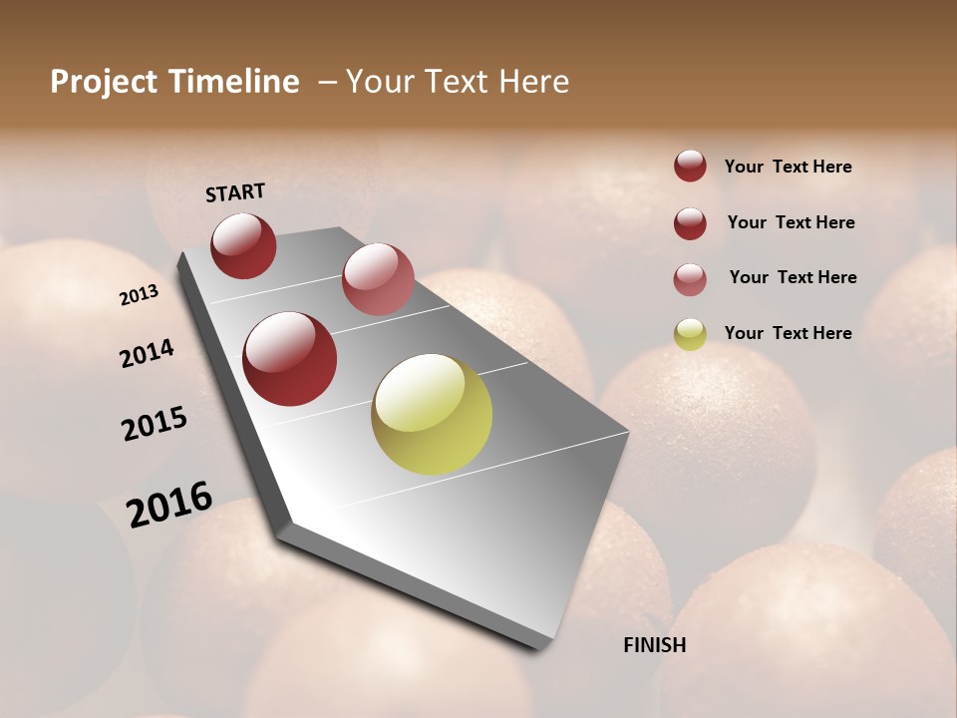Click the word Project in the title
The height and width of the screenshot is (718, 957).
104,82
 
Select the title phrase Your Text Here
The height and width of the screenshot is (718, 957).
458,82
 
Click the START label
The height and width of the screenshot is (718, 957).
235,192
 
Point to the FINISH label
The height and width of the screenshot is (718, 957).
655,645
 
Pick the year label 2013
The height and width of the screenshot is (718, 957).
139,295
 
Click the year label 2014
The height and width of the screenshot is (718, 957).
147,354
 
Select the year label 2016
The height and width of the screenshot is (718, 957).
169,505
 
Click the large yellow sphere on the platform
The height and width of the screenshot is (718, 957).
432,414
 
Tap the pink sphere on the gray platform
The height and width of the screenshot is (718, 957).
378,279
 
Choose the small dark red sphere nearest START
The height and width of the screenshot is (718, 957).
243,245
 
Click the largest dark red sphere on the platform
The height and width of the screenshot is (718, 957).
290,359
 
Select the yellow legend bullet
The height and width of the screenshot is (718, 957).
690,334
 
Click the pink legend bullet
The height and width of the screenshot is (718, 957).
690,278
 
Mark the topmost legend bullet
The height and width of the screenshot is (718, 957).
690,166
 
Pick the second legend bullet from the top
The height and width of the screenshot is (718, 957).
690,222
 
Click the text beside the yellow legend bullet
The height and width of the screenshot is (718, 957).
788,333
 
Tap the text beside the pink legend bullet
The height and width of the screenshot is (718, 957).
793,277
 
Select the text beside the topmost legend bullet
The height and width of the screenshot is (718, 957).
788,167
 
